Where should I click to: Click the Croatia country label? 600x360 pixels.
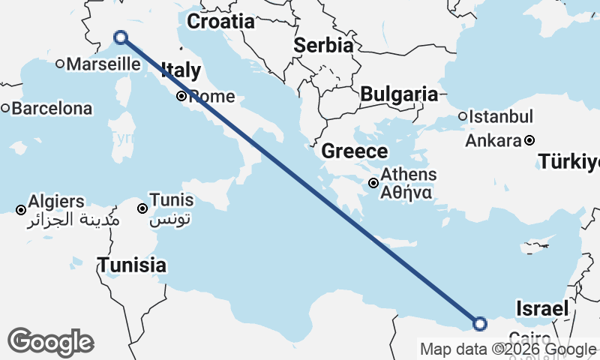(220, 21)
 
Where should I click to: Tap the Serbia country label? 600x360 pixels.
(322, 45)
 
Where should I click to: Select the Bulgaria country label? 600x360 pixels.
(398, 94)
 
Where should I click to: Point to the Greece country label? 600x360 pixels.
(354, 151)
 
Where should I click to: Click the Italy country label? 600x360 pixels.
(181, 71)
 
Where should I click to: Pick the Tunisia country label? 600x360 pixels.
(133, 265)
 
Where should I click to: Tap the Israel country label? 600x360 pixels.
(541, 308)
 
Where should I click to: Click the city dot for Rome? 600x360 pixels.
(181, 96)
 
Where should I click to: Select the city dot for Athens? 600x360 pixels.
(373, 183)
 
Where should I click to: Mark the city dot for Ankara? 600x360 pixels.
(529, 140)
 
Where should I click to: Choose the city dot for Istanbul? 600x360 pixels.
(463, 116)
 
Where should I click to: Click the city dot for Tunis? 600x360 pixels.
(142, 208)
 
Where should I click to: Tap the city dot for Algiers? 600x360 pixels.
(20, 209)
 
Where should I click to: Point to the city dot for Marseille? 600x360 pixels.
(60, 64)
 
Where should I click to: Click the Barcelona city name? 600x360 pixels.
(52, 109)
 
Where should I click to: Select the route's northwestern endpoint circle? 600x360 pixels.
(120, 37)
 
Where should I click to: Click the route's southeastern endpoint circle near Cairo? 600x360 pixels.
(480, 324)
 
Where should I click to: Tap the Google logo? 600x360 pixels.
(50, 342)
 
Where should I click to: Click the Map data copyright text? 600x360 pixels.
(508, 349)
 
